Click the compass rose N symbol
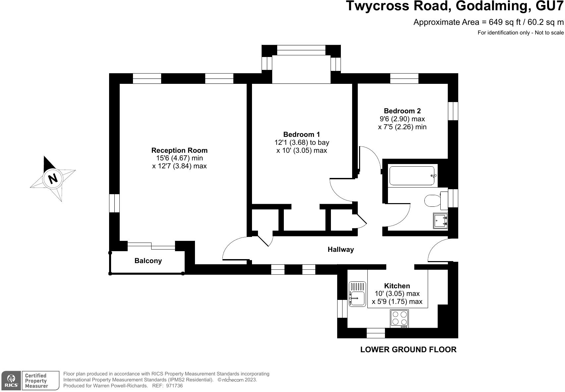coord(52,179)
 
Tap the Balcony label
coord(148,261)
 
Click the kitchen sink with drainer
coord(357,294)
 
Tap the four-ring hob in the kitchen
coord(399,318)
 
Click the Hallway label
coord(341,250)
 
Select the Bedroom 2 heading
coord(402,111)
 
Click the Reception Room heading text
coord(179,150)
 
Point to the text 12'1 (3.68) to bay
coord(301,142)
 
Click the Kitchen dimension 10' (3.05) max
coord(397,294)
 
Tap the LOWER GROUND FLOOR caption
coord(408,349)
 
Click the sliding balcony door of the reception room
coord(152,246)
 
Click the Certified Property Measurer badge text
coord(36,380)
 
